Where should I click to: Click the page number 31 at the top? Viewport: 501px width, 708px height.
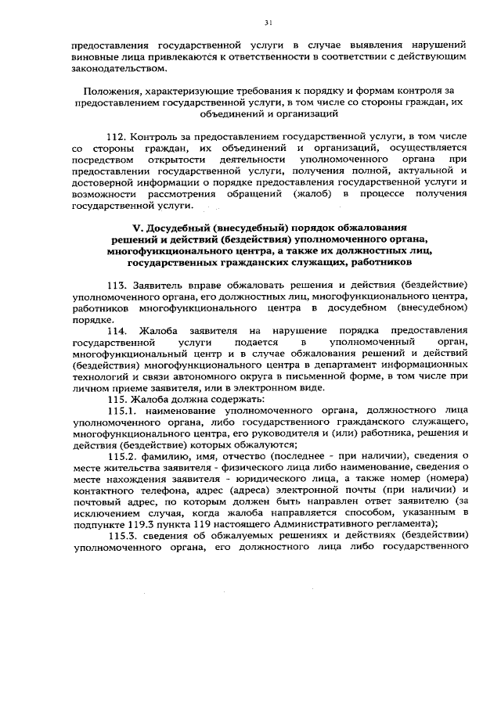click(268, 22)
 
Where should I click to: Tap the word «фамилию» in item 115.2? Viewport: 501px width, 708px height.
click(167, 456)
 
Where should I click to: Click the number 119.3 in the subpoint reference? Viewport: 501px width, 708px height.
click(139, 524)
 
